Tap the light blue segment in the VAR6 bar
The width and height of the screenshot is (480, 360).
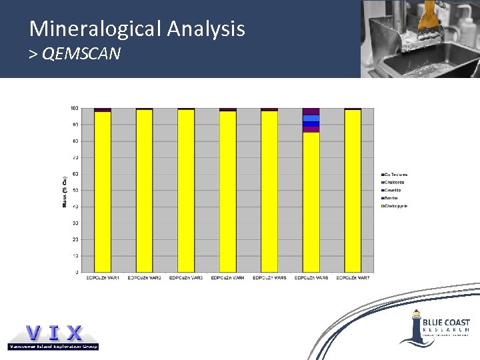coord(311,118)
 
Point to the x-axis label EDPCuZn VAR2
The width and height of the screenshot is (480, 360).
coord(144,277)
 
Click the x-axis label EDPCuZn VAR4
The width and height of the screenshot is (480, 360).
coord(227,277)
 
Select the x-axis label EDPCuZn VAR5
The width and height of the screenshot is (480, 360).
coord(269,277)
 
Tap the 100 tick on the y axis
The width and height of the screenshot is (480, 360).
coord(74,108)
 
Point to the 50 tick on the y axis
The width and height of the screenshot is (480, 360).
coord(75,190)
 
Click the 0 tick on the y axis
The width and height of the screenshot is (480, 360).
coord(77,272)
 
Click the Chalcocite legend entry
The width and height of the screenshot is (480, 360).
coord(393,182)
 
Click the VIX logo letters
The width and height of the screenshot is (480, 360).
coord(53,333)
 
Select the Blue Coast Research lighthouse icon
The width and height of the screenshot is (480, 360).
coord(416,327)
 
